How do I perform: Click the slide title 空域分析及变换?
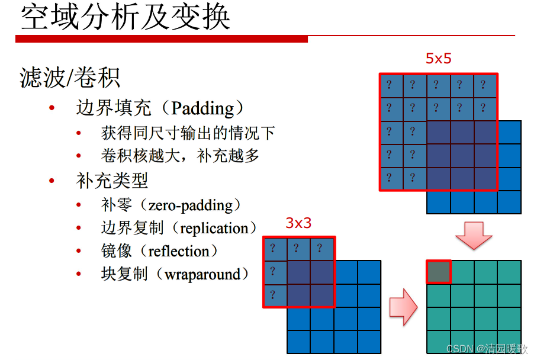pos(125,18)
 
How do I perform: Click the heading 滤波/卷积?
pos(70,78)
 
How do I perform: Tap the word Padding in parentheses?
pos(202,108)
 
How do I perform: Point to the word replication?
pos(214,229)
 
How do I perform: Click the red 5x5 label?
pos(439,59)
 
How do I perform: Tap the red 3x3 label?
pos(298,223)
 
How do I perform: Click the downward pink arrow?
pos(474,236)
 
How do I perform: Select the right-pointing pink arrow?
pos(403,306)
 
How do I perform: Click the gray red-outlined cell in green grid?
pos(439,272)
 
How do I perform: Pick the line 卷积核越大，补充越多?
pos(181,156)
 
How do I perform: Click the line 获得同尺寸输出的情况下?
pos(188,133)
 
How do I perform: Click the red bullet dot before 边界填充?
pos(52,108)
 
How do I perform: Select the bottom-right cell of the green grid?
pos(509,342)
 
